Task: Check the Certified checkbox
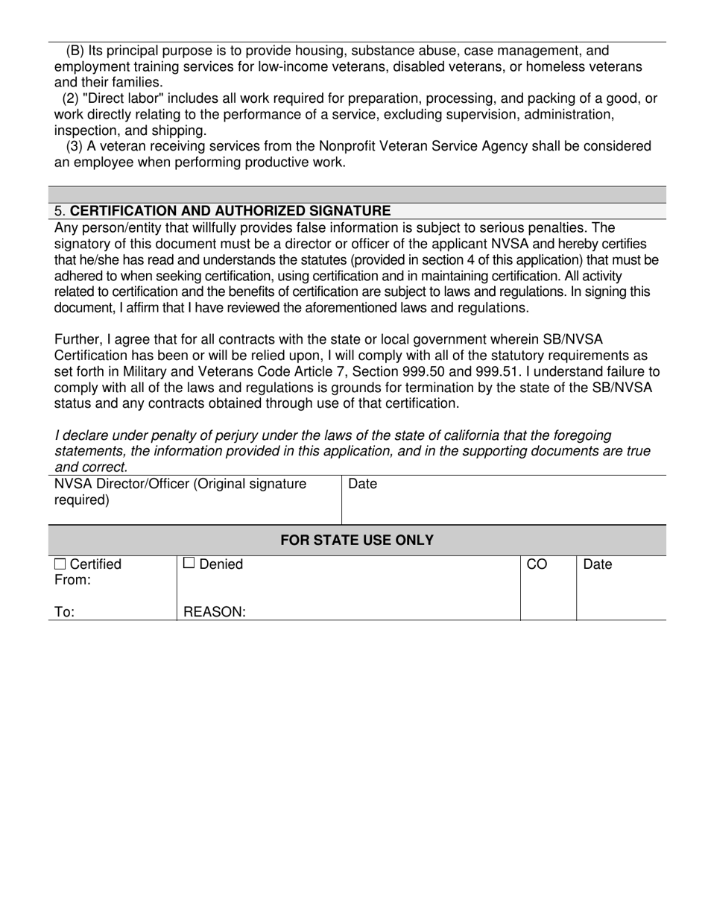[60, 564]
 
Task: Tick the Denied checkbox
[189, 564]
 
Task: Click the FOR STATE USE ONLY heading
[356, 540]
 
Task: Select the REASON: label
[215, 612]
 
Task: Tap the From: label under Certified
[72, 580]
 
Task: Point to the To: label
[64, 612]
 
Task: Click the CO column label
[537, 564]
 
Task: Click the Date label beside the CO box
[597, 564]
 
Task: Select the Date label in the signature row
[363, 484]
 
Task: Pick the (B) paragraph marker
[75, 51]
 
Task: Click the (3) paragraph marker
[75, 146]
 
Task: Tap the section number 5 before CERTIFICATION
[58, 211]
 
